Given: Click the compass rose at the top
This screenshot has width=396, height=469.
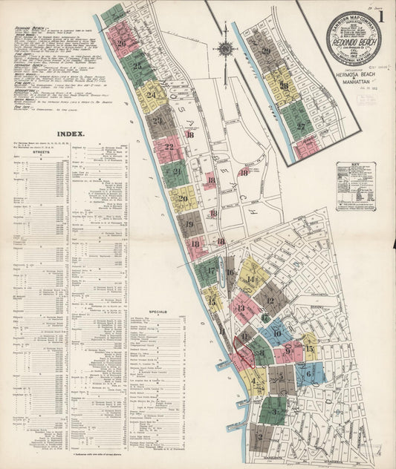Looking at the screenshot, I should point(226,49).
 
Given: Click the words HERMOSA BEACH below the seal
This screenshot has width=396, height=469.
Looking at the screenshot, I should point(354,76).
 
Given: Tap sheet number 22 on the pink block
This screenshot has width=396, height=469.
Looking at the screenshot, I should point(169,147).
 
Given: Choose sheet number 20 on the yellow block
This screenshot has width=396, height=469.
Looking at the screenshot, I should point(183,198).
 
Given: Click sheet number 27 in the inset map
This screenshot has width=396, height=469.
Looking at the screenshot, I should point(301,126).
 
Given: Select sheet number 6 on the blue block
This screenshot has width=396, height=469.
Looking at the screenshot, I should point(308,374).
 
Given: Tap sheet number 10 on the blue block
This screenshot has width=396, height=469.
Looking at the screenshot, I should point(277,333).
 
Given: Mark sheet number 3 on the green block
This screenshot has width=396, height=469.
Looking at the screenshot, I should point(274,409).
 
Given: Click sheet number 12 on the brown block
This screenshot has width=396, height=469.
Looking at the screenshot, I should point(270,301).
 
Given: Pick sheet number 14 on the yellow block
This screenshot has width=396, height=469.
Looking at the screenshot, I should point(250,279).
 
